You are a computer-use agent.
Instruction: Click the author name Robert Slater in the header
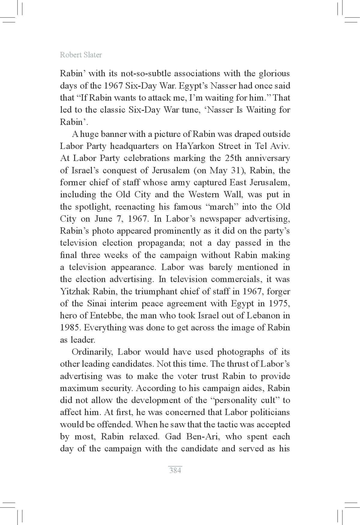click(x=81, y=55)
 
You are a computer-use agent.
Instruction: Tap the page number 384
click(x=175, y=470)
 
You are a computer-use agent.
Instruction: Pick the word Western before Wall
click(x=205, y=195)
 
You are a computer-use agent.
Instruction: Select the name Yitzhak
click(x=74, y=291)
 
